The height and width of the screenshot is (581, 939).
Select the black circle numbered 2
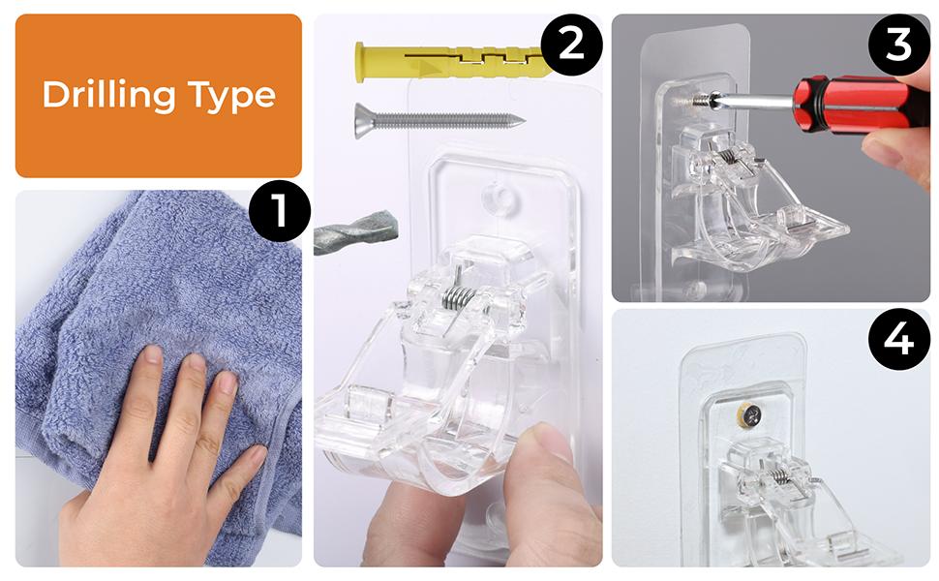coord(571,45)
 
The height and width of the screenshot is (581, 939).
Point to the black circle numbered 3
coord(898,45)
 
